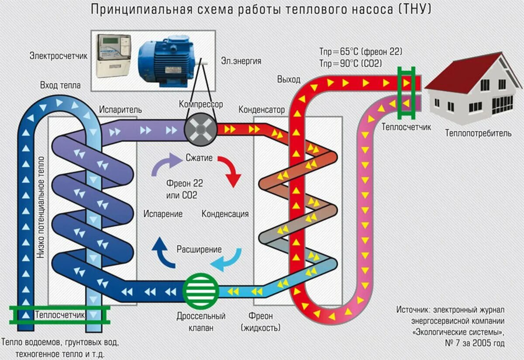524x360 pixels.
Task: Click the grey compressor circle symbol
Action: (x=200, y=129)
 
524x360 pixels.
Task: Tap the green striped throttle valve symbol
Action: (x=200, y=290)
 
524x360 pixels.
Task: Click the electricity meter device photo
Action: (x=113, y=56)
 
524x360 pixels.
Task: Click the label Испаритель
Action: (x=120, y=109)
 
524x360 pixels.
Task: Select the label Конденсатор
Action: (x=262, y=109)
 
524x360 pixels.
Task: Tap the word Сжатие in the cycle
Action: (x=199, y=158)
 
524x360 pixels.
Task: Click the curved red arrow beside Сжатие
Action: (x=230, y=170)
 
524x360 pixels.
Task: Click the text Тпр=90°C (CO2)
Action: (x=351, y=63)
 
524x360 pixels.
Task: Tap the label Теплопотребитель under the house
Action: (x=478, y=133)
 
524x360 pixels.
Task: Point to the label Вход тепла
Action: (x=60, y=85)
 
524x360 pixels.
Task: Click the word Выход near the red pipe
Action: (x=289, y=79)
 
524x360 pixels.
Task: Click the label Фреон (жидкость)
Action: (x=261, y=322)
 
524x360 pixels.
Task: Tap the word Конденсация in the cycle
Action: (x=225, y=214)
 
